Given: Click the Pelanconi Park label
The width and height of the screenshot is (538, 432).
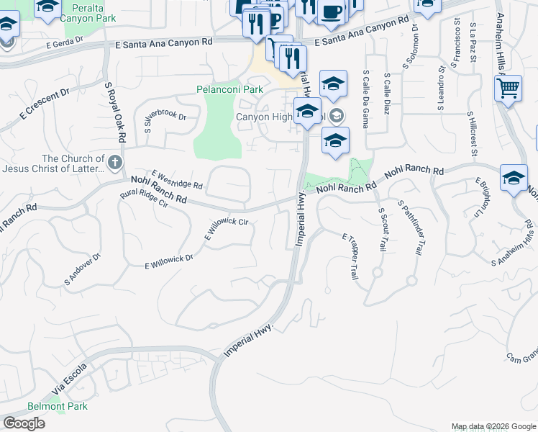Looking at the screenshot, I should tap(229, 90).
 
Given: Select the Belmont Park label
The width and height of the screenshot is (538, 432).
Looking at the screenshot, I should tap(58, 406).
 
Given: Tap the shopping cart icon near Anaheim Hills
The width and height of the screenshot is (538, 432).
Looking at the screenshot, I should tap(509, 89).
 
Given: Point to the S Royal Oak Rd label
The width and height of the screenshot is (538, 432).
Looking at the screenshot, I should tap(115, 112).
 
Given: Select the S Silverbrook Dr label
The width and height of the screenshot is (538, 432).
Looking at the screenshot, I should tap(165, 122).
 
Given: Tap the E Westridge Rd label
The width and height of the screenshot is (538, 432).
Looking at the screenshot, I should tap(177, 180).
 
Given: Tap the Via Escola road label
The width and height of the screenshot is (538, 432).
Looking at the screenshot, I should tap(69, 381).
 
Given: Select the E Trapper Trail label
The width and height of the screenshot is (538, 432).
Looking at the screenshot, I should tap(350, 256).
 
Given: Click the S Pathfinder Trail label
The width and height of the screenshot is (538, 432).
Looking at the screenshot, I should tap(408, 228).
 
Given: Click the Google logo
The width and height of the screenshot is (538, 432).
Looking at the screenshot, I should tap(24, 423).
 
